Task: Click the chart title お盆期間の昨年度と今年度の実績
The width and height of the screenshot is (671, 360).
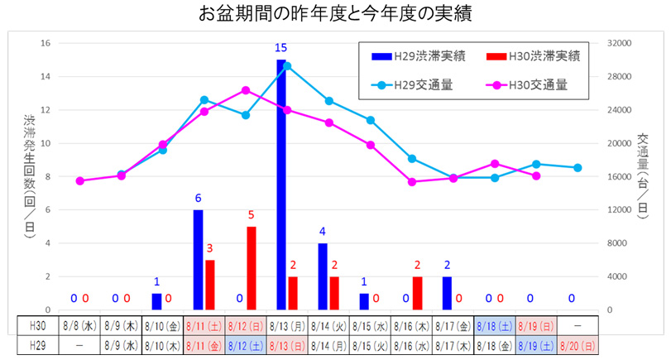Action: click(x=335, y=14)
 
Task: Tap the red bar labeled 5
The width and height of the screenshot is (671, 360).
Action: click(x=251, y=267)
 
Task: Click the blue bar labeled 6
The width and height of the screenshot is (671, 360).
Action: click(x=198, y=259)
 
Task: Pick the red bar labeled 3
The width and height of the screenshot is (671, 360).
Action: click(x=210, y=284)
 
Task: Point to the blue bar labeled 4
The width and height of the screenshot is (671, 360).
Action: click(x=323, y=276)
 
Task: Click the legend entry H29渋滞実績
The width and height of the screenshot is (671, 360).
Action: click(x=419, y=56)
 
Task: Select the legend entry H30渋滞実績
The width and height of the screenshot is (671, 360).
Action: click(x=533, y=56)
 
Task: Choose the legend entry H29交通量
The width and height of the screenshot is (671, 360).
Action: click(x=419, y=84)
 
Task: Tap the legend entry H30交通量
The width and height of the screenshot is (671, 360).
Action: click(x=533, y=84)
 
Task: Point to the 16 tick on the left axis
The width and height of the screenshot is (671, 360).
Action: click(x=46, y=43)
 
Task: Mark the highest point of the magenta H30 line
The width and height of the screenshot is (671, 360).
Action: click(x=246, y=90)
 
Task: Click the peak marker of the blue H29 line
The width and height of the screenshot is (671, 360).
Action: click(x=287, y=65)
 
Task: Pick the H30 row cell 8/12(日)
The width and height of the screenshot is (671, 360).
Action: click(x=246, y=325)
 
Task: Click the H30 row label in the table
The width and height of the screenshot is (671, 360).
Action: click(x=38, y=325)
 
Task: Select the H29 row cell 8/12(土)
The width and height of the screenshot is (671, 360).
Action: click(x=246, y=343)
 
